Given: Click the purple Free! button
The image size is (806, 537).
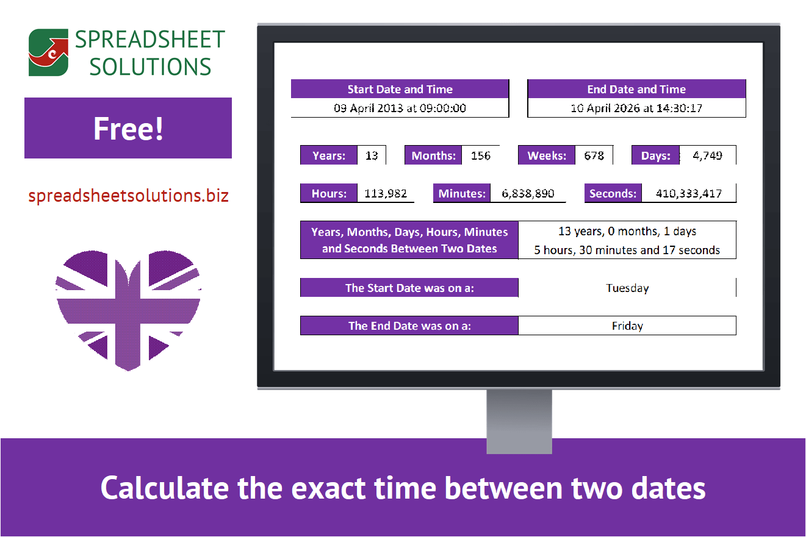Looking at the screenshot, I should point(128,128).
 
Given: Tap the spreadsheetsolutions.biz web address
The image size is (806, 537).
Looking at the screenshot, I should point(128,196).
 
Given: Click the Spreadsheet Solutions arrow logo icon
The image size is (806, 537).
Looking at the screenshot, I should point(48,52).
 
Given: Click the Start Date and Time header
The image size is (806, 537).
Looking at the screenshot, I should point(400,89).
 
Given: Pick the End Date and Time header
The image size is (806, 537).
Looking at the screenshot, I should point(636,89).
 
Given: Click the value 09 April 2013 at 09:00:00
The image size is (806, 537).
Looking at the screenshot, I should point(400,108).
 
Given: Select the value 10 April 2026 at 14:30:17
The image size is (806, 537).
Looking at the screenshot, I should point(636,108).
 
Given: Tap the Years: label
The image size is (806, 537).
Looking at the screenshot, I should point(329,155).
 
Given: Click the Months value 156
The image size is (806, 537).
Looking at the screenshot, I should point(481,155).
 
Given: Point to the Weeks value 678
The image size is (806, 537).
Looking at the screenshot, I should point(594,155).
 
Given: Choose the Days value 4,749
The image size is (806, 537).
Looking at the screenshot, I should point(707,155).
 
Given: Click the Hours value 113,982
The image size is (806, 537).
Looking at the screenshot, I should point(386,194).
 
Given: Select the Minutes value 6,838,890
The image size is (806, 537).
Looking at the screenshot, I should point(528,194).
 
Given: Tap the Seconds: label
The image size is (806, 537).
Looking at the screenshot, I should point(613,194).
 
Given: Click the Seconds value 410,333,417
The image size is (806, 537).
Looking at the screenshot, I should point(689,194).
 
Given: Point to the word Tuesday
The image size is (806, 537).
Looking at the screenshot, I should point(627,288).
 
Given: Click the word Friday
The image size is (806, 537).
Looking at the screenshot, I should point(627,326).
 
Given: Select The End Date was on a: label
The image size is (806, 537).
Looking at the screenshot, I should point(409,326).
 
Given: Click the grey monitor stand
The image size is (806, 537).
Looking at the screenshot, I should point(519,421).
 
